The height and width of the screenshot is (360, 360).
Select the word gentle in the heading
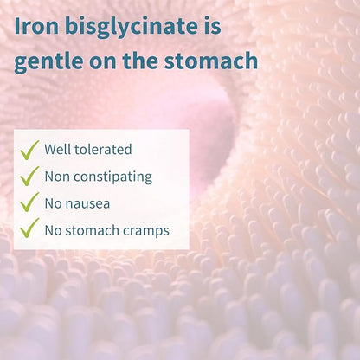(48, 61)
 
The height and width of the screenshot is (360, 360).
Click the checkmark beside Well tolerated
(30, 150)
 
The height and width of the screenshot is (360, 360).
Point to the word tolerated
(106, 150)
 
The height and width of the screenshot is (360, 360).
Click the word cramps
(145, 230)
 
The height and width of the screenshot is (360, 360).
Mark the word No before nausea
(54, 203)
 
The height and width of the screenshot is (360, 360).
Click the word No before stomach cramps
(54, 230)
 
